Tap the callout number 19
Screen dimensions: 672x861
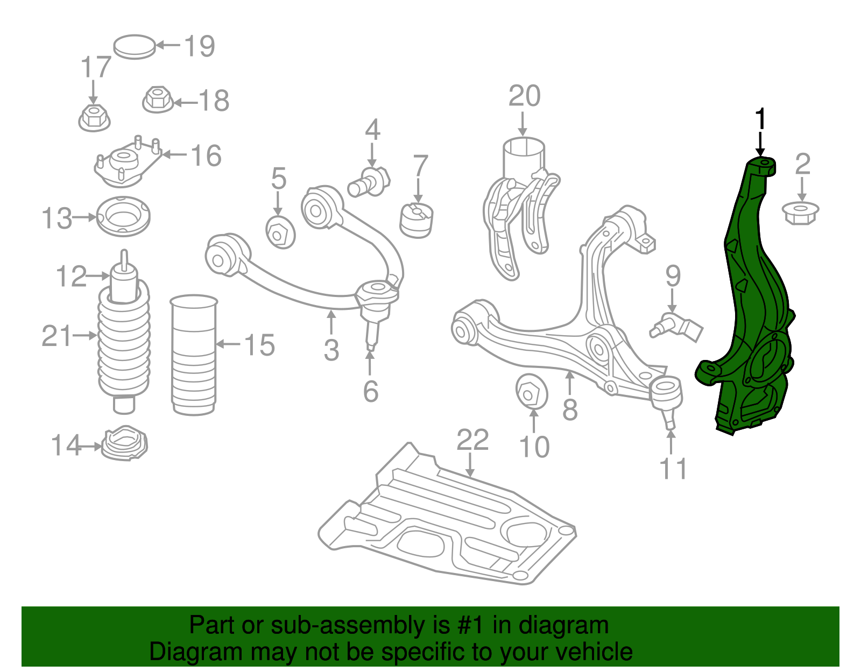[200, 46]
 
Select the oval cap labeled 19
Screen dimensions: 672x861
[135, 47]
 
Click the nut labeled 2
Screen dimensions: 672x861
[800, 213]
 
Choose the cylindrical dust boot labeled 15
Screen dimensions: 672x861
[194, 355]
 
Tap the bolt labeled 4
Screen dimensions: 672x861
[369, 182]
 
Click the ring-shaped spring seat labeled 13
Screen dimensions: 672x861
[123, 217]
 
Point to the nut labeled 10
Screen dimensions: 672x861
[531, 392]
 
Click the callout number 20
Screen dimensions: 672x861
[524, 96]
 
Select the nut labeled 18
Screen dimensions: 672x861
[157, 100]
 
